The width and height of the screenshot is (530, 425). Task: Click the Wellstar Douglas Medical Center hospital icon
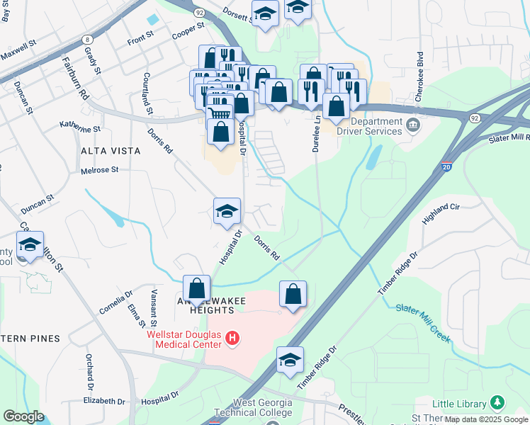click(232, 341)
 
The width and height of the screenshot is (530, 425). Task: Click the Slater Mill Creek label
click(422, 322)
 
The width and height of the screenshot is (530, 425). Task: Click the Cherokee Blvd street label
click(420, 68)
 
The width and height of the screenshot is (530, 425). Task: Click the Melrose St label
click(99, 171)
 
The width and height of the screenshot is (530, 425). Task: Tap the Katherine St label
click(80, 130)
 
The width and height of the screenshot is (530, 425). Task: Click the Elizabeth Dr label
click(103, 401)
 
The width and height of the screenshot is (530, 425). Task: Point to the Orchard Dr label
click(90, 373)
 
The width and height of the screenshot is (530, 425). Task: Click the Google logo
click(24, 416)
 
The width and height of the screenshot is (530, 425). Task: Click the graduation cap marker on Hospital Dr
click(227, 211)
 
